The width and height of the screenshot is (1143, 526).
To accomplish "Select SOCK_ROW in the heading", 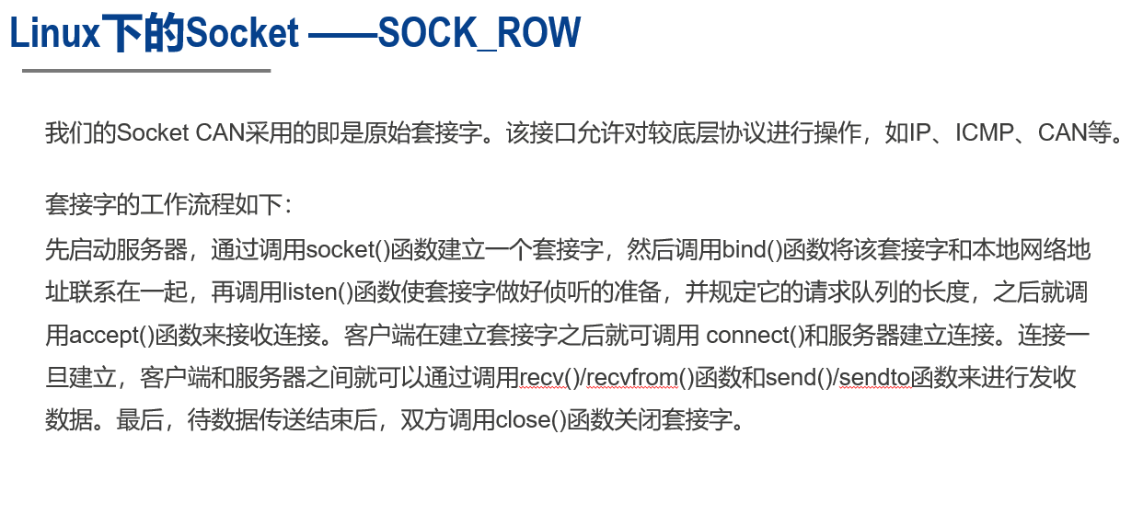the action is click(x=479, y=34).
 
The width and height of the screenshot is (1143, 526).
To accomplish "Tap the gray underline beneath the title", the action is click(x=146, y=70).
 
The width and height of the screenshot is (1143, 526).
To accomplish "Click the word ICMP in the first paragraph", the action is click(x=984, y=132).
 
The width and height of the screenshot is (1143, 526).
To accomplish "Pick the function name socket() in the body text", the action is click(x=348, y=249).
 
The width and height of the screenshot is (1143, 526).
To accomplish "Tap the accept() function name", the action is click(x=112, y=335).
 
